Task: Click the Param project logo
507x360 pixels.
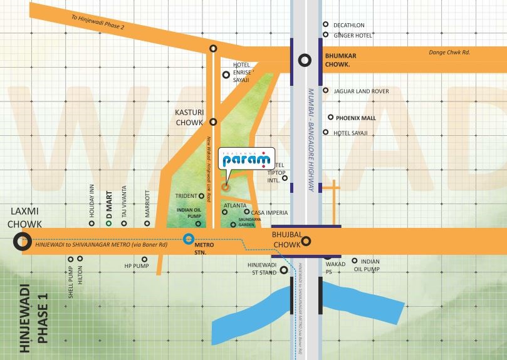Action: pyautogui.click(x=243, y=159)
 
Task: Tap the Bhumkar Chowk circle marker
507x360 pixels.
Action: pyautogui.click(x=305, y=60)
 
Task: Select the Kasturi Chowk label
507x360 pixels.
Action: pyautogui.click(x=189, y=117)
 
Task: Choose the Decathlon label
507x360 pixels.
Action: pyautogui.click(x=349, y=25)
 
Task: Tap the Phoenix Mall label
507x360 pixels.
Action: pyautogui.click(x=355, y=118)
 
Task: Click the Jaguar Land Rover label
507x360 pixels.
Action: pyautogui.click(x=361, y=91)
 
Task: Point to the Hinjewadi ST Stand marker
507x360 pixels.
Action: pyautogui.click(x=284, y=270)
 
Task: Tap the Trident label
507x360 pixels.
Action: pyautogui.click(x=186, y=196)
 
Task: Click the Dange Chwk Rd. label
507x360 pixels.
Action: pyautogui.click(x=449, y=52)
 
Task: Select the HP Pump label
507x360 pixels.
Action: pyautogui.click(x=136, y=266)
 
